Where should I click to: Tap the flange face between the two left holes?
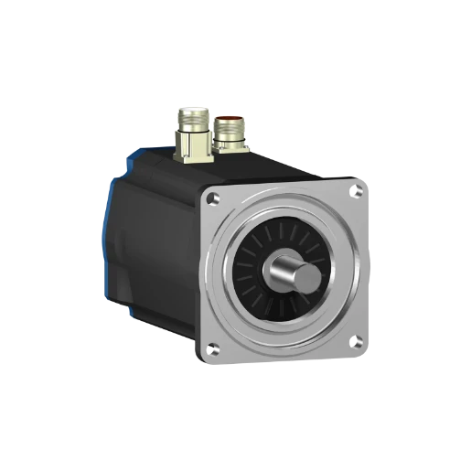pos(209,274)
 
